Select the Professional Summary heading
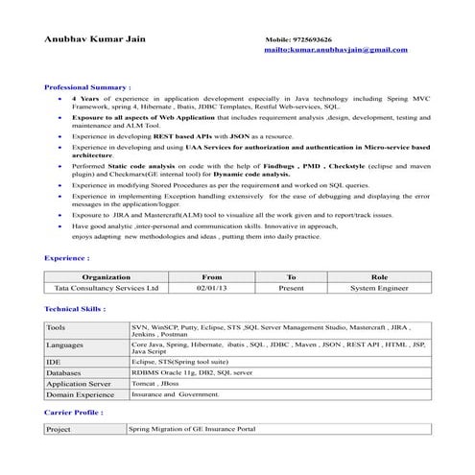[x=88, y=86]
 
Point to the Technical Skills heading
[x=76, y=309]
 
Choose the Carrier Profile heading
[x=74, y=411]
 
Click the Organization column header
[x=107, y=276]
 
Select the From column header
[x=212, y=276]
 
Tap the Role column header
[x=379, y=276]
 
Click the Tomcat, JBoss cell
[x=155, y=383]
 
